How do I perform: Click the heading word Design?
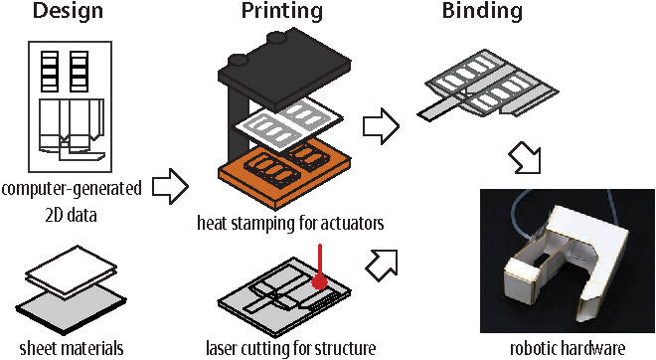coord(68,11)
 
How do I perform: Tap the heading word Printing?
coord(282,11)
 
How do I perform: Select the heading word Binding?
coord(482,11)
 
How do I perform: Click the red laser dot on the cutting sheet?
coord(320,282)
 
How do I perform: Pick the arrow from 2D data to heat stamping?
coord(170,187)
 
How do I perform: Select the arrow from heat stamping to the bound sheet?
coord(381,126)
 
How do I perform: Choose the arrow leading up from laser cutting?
coord(382,265)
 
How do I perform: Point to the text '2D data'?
coord(72,215)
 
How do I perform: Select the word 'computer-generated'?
coord(72,189)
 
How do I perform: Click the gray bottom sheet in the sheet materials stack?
coord(72,310)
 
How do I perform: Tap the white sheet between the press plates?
coord(288,124)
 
